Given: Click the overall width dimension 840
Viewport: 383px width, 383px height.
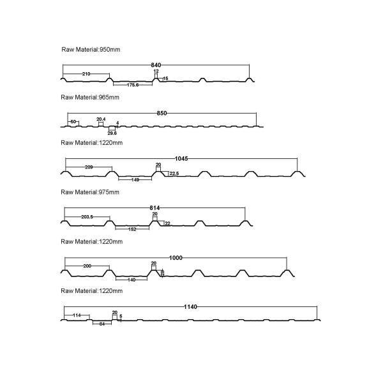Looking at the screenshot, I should click(x=156, y=65).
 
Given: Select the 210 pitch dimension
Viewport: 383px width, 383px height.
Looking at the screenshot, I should click(x=86, y=74).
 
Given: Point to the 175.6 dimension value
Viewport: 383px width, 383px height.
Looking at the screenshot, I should click(x=133, y=85).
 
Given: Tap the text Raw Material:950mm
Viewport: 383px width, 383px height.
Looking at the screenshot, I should click(x=90, y=49).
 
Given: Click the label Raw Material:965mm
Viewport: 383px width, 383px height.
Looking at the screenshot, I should click(x=90, y=98).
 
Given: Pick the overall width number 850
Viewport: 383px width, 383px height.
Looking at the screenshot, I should click(x=161, y=114).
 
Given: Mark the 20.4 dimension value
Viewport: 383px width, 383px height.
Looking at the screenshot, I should click(x=101, y=119).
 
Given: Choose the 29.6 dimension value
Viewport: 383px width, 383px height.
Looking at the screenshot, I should click(x=112, y=132).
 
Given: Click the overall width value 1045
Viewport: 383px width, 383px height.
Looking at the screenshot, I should click(x=181, y=158).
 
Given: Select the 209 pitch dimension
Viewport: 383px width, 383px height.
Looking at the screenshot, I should click(x=89, y=167).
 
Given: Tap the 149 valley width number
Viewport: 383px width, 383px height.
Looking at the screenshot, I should click(x=136, y=180).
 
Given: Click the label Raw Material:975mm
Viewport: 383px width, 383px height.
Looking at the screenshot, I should click(x=90, y=192).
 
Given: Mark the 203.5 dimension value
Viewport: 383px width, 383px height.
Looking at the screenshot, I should click(x=88, y=217).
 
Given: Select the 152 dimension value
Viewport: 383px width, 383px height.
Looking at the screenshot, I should click(x=132, y=229).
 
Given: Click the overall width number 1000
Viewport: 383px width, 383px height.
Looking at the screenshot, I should click(x=176, y=257).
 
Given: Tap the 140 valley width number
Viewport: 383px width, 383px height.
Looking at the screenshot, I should click(x=133, y=279).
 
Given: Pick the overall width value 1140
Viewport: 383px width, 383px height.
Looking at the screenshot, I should click(x=190, y=307).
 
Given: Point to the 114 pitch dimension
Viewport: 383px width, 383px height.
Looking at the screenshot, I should click(x=77, y=315).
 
